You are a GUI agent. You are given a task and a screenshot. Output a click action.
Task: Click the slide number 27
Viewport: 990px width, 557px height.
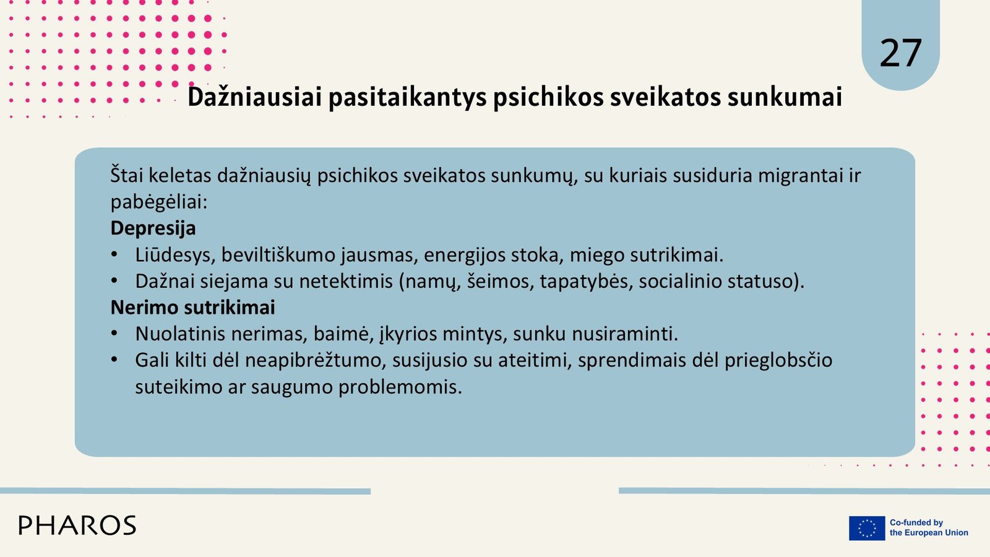click(x=901, y=53)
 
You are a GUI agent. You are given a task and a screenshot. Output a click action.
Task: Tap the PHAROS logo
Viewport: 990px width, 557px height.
click(x=77, y=525)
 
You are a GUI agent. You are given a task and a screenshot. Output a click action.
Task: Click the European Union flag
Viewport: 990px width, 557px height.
click(x=867, y=528)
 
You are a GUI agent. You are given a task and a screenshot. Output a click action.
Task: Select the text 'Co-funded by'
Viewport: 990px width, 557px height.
click(x=916, y=522)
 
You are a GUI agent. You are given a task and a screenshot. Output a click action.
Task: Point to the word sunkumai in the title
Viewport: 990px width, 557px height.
click(x=785, y=97)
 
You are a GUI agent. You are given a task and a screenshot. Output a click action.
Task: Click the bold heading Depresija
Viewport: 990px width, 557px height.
click(x=153, y=228)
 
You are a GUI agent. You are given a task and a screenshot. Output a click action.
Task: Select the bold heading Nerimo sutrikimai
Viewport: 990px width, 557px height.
click(x=192, y=307)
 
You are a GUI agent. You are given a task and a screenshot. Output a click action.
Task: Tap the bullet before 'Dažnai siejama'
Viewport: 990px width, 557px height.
click(x=114, y=281)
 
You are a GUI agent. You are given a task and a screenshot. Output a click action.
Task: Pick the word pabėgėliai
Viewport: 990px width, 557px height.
click(x=159, y=202)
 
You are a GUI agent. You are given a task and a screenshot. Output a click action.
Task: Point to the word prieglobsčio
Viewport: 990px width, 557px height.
click(x=778, y=360)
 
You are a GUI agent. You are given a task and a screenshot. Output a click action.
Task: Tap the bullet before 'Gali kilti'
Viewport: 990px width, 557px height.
click(x=114, y=360)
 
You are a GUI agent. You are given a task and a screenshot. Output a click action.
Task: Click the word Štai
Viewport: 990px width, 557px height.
click(x=127, y=176)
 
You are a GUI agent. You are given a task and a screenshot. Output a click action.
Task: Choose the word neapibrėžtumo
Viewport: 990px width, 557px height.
click(x=316, y=360)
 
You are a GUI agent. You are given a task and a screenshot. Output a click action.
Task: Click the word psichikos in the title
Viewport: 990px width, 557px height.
click(x=548, y=97)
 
